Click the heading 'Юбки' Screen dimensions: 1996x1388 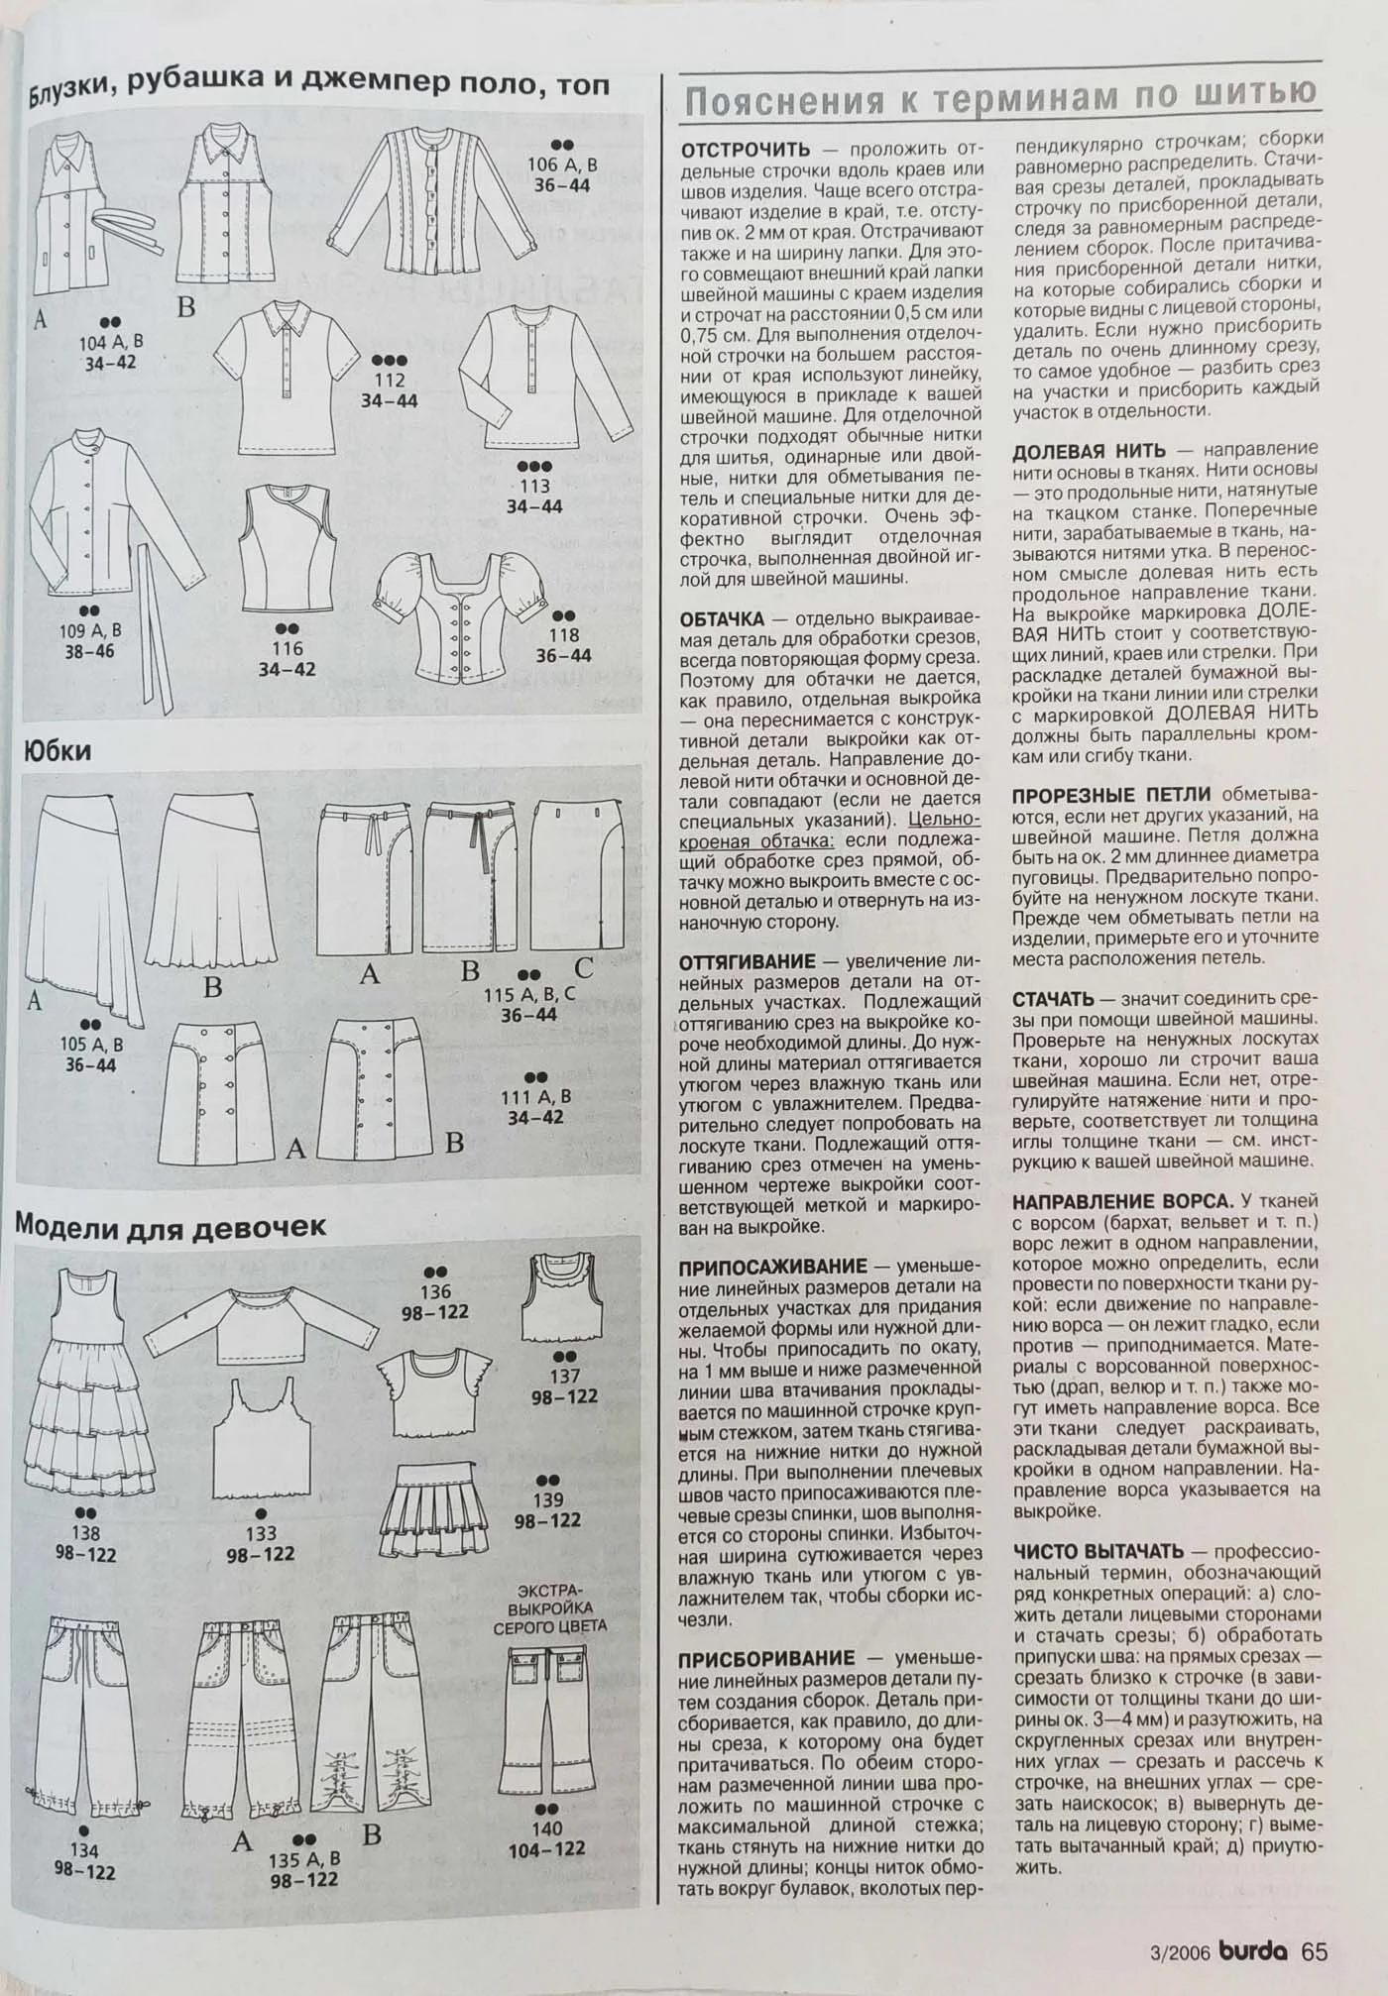tap(58, 750)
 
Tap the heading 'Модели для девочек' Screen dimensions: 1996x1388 tap(171, 1226)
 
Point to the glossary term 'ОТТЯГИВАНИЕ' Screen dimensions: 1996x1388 tap(748, 961)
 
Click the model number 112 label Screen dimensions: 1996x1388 tap(389, 380)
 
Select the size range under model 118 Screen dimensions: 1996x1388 tap(563, 656)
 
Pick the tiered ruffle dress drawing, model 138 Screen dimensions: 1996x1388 tap(90, 1383)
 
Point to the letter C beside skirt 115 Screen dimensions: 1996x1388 tap(584, 967)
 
